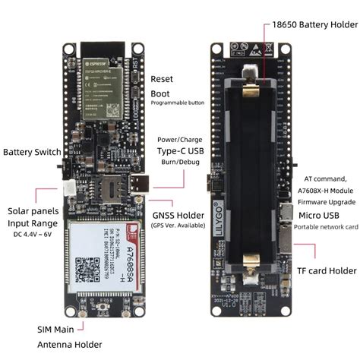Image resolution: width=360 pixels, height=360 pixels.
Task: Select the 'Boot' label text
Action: pyautogui.click(x=160, y=92)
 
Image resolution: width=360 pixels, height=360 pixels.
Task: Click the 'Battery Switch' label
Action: pyautogui.click(x=31, y=152)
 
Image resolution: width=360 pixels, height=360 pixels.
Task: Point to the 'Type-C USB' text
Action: pyautogui.click(x=180, y=152)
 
